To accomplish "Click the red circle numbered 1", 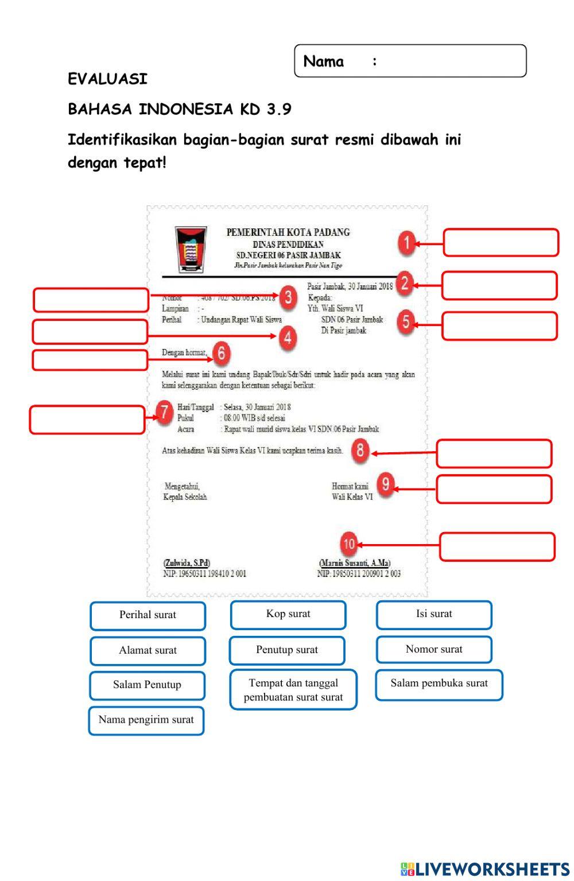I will [406, 243].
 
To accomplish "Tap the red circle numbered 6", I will [221, 353].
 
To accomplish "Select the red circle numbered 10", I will [349, 544].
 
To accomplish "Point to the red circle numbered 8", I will [360, 450].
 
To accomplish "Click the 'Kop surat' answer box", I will [288, 615].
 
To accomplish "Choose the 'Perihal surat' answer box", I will [148, 615].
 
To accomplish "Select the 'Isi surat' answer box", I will [434, 615].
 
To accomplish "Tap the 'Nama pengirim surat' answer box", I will [146, 721].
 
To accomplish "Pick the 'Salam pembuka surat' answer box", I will [439, 685].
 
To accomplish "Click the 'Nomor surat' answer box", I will [434, 650].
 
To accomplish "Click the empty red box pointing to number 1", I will [501, 242].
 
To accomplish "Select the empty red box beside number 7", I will [87, 420].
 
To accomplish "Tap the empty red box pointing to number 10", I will [497, 546].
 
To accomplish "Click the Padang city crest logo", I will [191, 249].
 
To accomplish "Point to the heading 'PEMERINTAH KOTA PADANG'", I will [288, 232].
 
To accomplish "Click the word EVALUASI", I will [107, 79].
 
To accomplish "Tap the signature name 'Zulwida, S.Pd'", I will [187, 563].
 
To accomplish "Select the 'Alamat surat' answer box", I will [148, 651].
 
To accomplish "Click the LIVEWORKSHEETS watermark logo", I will [484, 868].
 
